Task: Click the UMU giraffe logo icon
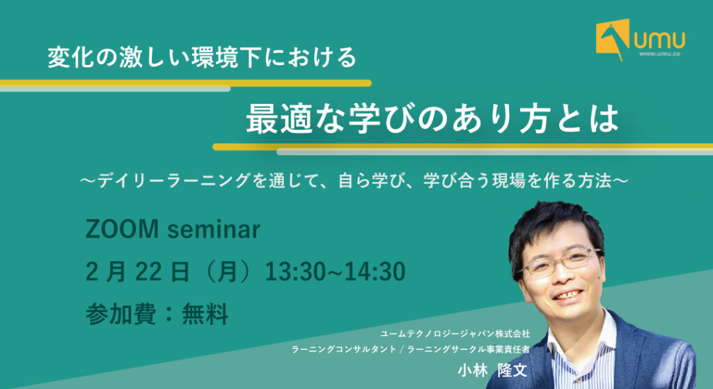tap(613, 39)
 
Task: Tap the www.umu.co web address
tap(659, 54)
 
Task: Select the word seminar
tap(214, 229)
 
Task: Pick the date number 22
tap(148, 272)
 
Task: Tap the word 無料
tap(205, 314)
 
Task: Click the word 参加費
tap(120, 314)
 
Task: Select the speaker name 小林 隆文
tap(492, 370)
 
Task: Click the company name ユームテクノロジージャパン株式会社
tap(455, 334)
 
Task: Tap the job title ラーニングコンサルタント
tap(343, 349)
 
